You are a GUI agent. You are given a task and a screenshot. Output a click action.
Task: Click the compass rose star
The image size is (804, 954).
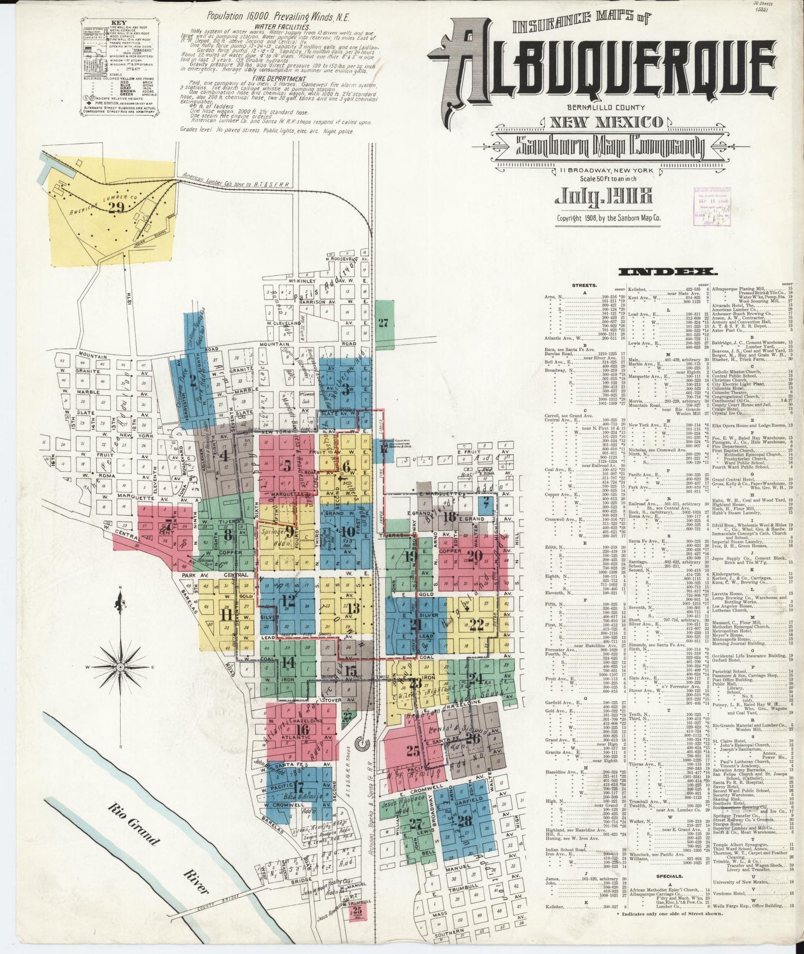click(120, 666)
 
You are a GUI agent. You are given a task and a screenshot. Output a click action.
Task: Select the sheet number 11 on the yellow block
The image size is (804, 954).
click(226, 615)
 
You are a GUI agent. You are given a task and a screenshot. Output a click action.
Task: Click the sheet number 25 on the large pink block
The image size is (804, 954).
click(412, 751)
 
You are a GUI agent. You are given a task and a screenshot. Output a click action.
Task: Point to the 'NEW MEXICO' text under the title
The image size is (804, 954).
click(606, 121)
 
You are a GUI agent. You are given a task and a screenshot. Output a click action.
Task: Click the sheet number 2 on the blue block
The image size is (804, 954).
click(193, 381)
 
